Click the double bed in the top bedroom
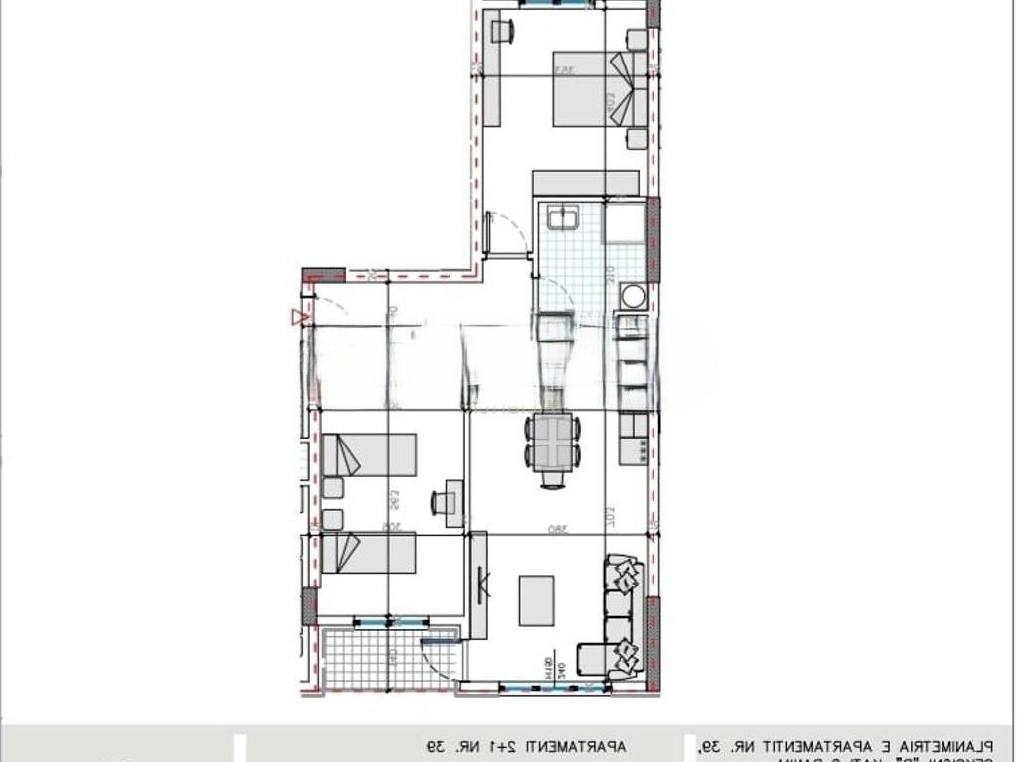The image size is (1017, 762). click(591, 89)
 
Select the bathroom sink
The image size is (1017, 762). click(565, 217)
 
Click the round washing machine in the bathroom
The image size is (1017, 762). click(632, 295)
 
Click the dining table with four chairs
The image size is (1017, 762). click(553, 443)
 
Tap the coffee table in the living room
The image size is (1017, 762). click(537, 600)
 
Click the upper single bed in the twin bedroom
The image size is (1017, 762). click(368, 454)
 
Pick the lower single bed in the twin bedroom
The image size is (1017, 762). click(368, 554)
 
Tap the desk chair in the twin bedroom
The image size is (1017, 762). click(438, 503)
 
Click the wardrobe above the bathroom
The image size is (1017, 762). click(585, 183)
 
